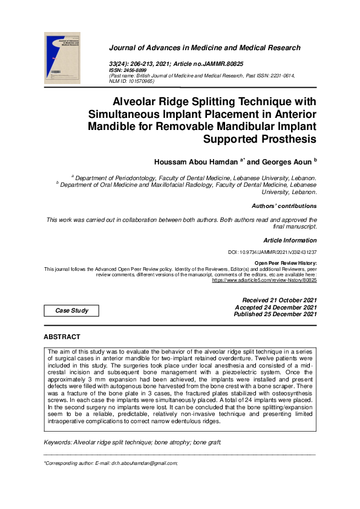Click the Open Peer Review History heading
click(286, 264)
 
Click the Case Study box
click(72, 311)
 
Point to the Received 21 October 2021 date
click(280, 300)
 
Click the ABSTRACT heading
click(62, 336)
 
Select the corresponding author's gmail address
click(145, 463)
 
